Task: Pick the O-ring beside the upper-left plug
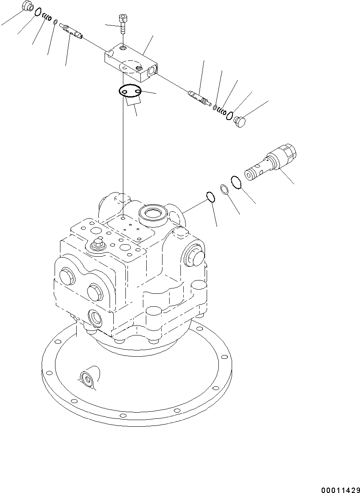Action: click(38, 12)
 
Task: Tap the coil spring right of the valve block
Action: click(222, 111)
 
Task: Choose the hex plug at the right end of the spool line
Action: click(241, 122)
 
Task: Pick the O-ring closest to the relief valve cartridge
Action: click(236, 182)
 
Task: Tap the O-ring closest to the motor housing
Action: click(210, 197)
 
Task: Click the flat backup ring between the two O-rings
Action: click(224, 189)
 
